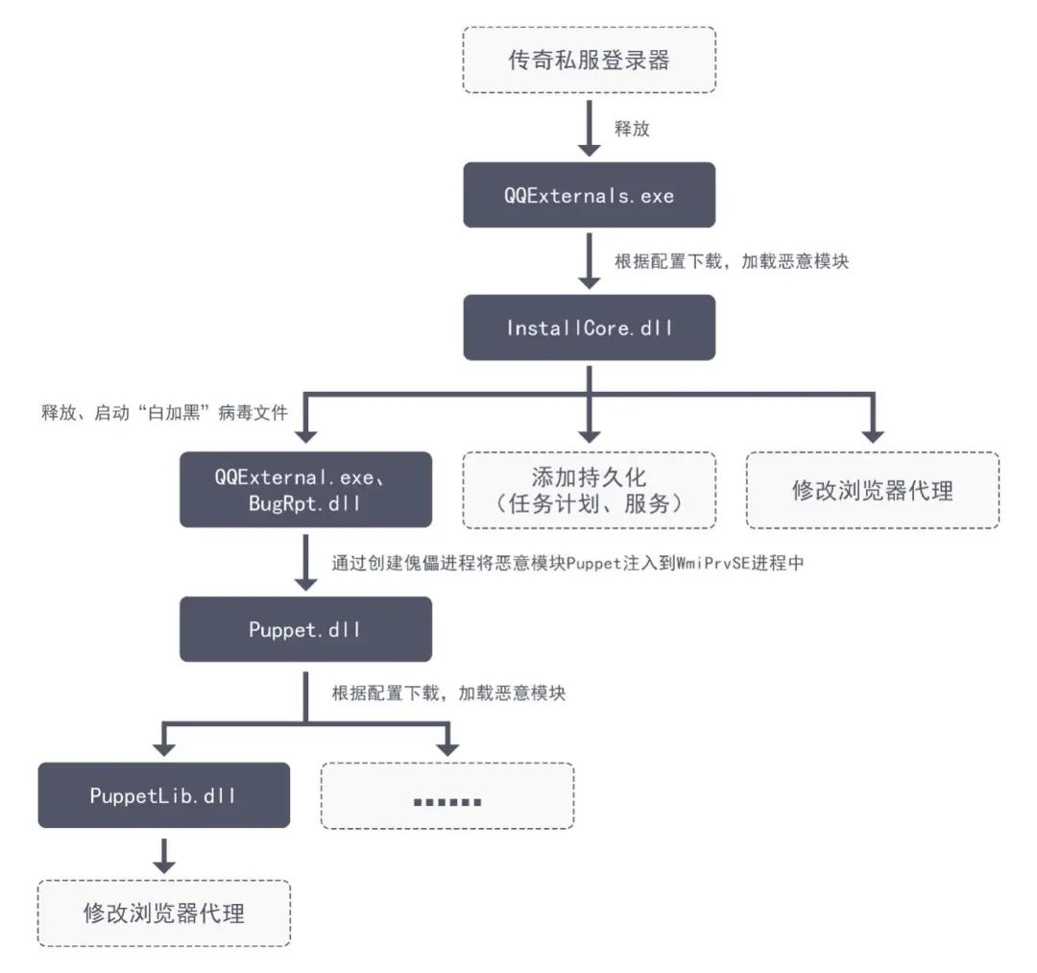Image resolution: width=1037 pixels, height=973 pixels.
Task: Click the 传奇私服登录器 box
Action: point(590,60)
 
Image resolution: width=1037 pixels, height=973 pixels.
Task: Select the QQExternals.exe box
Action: point(590,195)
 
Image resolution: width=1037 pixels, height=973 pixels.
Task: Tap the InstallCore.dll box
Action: point(590,328)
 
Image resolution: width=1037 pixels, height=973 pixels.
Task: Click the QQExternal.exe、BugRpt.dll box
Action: point(305,490)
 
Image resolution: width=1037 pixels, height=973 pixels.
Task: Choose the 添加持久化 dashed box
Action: point(590,490)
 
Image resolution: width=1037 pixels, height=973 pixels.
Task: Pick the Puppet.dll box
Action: point(305,629)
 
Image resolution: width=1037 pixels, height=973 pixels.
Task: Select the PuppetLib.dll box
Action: point(164,795)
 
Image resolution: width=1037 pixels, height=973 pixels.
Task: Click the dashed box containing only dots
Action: point(447,795)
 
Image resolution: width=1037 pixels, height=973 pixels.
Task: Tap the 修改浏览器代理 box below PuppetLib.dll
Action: point(164,913)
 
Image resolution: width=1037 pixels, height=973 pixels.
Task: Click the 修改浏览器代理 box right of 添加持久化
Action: point(873,490)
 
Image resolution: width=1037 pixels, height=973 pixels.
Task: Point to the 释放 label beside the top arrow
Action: point(632,129)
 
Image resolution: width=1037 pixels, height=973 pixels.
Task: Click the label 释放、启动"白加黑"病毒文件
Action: point(165,413)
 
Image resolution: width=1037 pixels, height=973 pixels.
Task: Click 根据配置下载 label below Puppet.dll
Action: point(449,693)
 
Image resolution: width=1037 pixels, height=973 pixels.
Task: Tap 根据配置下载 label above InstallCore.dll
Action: point(732,261)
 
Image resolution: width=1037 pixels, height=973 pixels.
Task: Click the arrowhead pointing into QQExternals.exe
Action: point(590,150)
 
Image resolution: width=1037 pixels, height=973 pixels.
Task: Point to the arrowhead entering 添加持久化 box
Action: point(590,437)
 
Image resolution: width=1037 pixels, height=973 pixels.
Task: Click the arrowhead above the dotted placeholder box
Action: point(447,750)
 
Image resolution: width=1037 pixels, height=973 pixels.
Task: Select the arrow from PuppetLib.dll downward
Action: point(164,856)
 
